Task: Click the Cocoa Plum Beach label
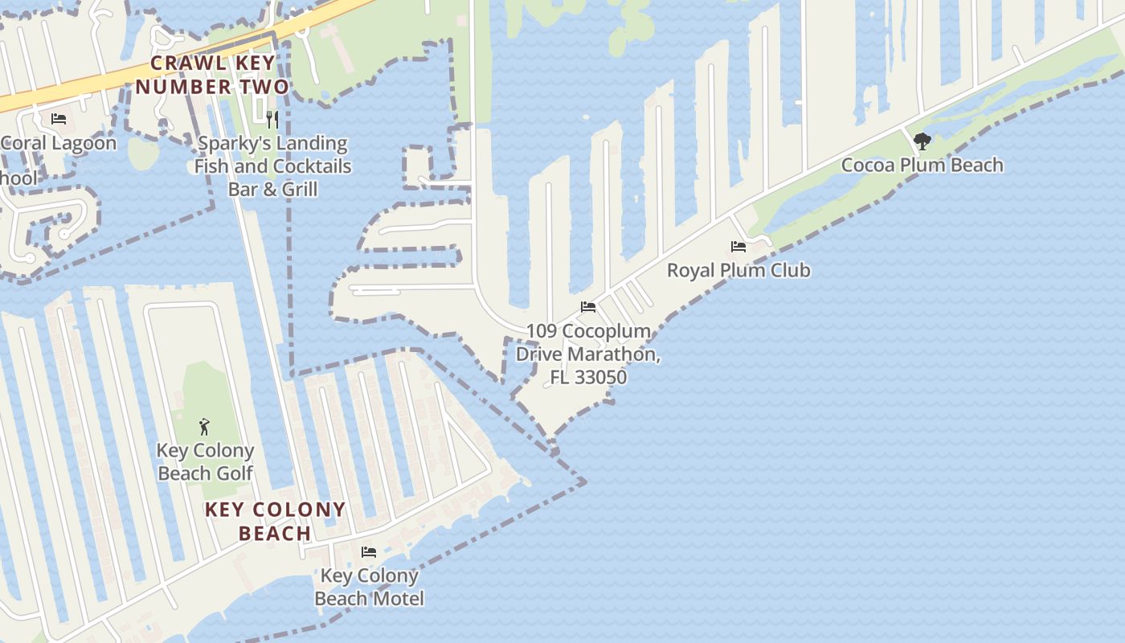[x=922, y=165]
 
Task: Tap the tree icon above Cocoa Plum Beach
[x=922, y=141]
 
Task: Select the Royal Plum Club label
[x=738, y=270]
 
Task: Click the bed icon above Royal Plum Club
[x=738, y=246]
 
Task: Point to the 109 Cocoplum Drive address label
[x=588, y=354]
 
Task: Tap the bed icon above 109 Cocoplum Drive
[x=588, y=307]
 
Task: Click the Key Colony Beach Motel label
[x=369, y=587]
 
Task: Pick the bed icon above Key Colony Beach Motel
[x=369, y=551]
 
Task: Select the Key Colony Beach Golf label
[x=205, y=461]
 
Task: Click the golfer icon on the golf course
[x=204, y=426]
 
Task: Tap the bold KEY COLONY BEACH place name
[x=275, y=521]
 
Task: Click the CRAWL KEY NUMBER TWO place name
[x=212, y=75]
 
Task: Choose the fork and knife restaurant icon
[x=272, y=119]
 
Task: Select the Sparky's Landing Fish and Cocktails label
[x=272, y=166]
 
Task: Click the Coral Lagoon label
[x=58, y=143]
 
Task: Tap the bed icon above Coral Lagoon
[x=59, y=119]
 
